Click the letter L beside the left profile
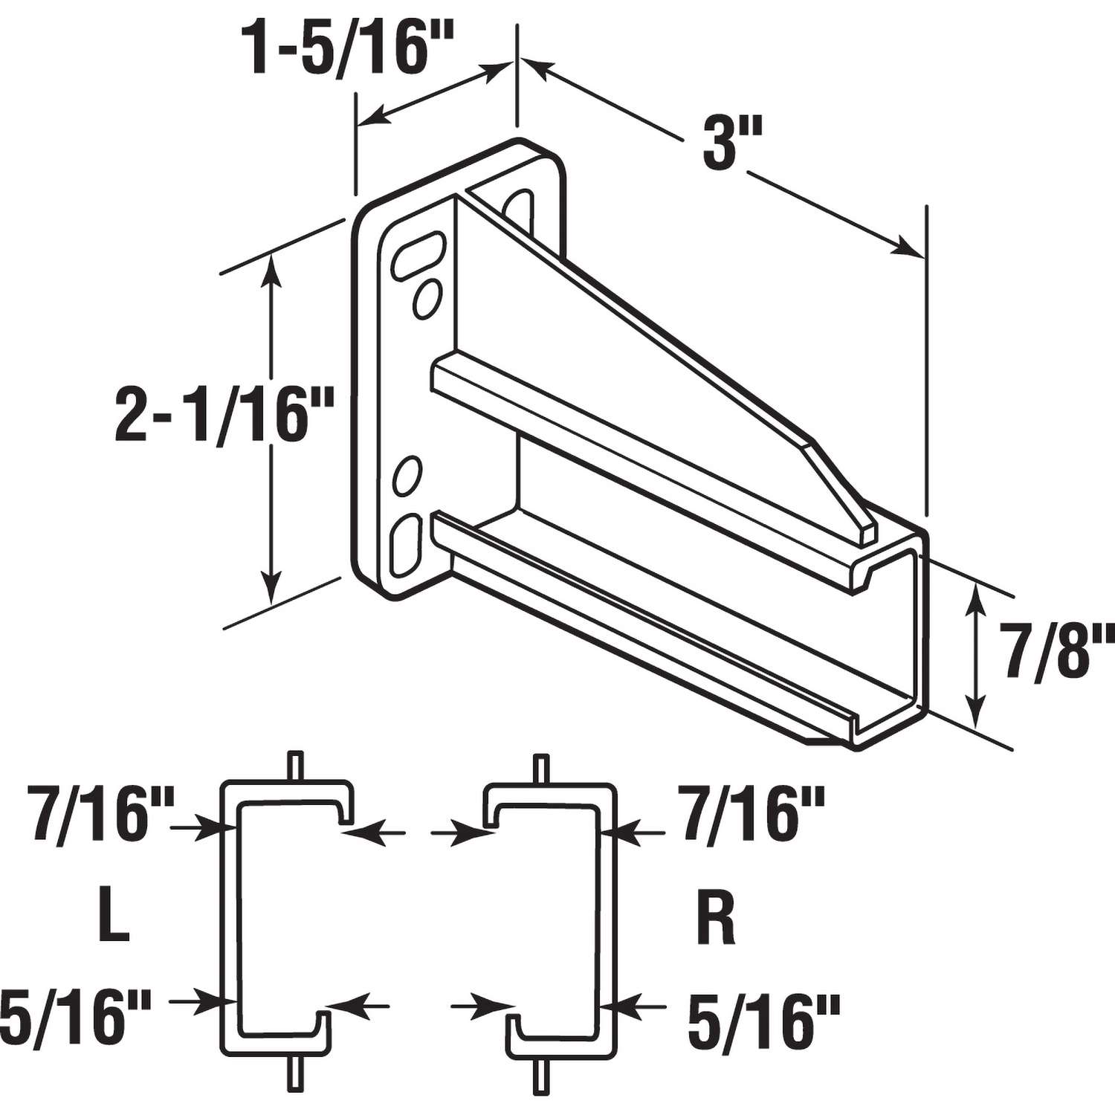coord(113,920)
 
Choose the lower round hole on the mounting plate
coord(407,476)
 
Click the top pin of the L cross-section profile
coord(297,766)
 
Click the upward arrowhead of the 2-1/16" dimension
coord(272,268)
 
